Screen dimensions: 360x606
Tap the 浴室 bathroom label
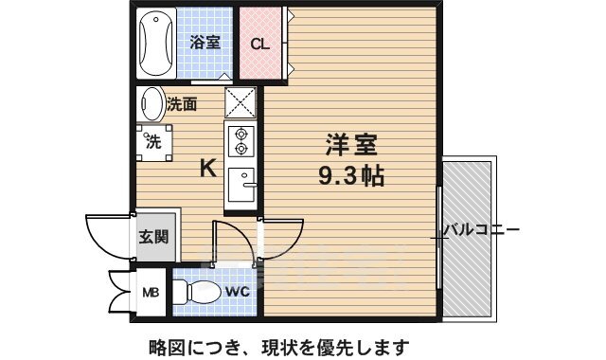pos(205,42)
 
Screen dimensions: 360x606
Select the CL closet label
pos(259,44)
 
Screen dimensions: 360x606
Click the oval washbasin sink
pos(151,102)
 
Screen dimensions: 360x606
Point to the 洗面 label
pos(183,104)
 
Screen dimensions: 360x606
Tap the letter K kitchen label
pos(208,169)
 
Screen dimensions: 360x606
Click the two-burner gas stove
pos(241,141)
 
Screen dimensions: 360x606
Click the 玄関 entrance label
pos(154,235)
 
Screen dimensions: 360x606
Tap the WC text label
pos(239,292)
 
